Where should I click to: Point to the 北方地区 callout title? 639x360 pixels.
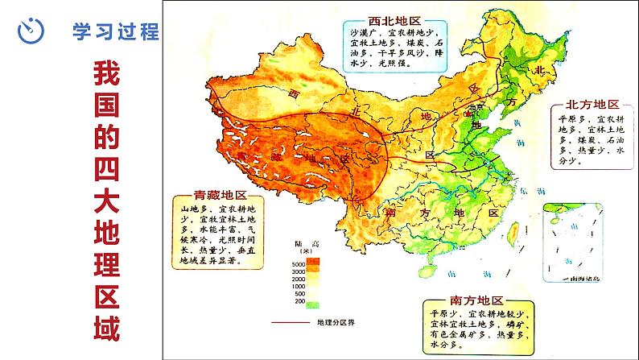[592, 105]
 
